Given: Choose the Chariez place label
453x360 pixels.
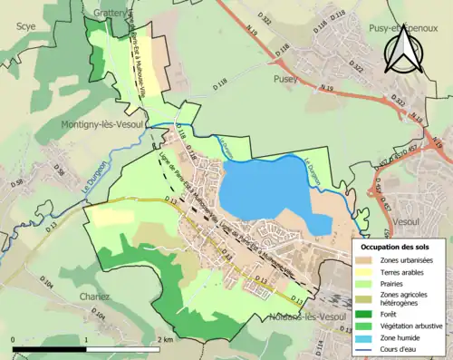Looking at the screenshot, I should point(93,297).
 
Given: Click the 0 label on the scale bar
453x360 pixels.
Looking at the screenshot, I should point(14,338).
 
